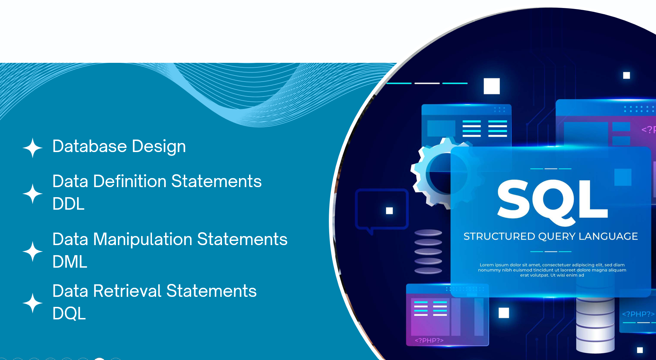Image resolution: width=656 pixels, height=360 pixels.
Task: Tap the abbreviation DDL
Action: coord(69,204)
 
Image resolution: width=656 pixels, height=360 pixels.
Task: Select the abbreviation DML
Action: coord(70,262)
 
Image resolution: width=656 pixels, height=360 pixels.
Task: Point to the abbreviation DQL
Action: coord(69,313)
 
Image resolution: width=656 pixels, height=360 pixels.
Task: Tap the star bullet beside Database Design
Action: coord(33,148)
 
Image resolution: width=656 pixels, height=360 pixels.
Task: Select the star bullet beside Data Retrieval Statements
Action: coord(33,303)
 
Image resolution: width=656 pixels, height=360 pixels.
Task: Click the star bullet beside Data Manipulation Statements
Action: coord(33,251)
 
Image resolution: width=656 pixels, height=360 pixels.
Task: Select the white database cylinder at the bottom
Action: coord(595,325)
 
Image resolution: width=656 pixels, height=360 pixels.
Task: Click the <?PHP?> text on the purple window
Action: coord(429,341)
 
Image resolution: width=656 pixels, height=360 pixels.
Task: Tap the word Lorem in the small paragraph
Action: coord(487,265)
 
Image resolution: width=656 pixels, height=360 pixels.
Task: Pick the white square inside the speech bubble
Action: coord(389,211)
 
